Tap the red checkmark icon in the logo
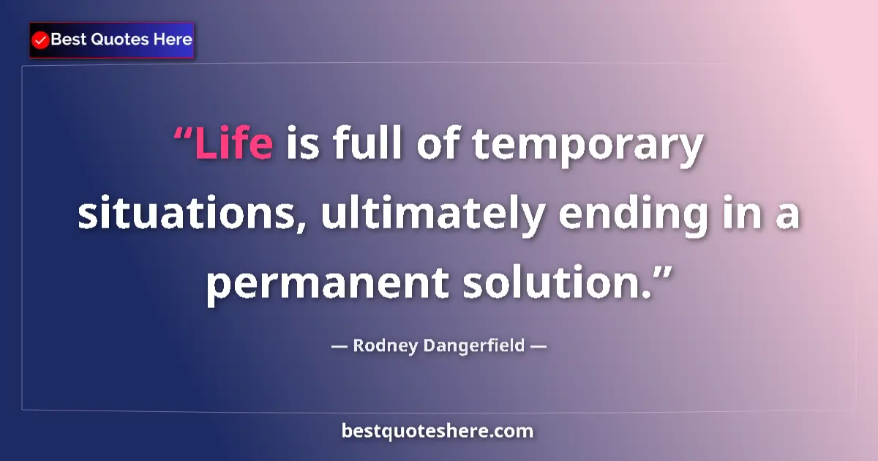pos(41,40)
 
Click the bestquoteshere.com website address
pos(438,431)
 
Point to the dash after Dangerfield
pos(538,346)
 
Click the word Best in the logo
pos(67,40)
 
